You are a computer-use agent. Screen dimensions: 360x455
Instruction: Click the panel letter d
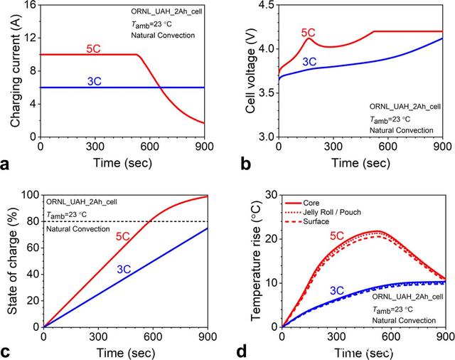coord(242,351)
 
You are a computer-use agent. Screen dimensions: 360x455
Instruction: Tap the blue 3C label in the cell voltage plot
coord(309,61)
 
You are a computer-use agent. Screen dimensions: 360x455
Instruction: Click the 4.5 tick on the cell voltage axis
coord(263,5)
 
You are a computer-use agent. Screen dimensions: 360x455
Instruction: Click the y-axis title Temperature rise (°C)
coord(252,260)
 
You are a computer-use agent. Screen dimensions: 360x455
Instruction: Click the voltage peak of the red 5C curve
coord(306,38)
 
